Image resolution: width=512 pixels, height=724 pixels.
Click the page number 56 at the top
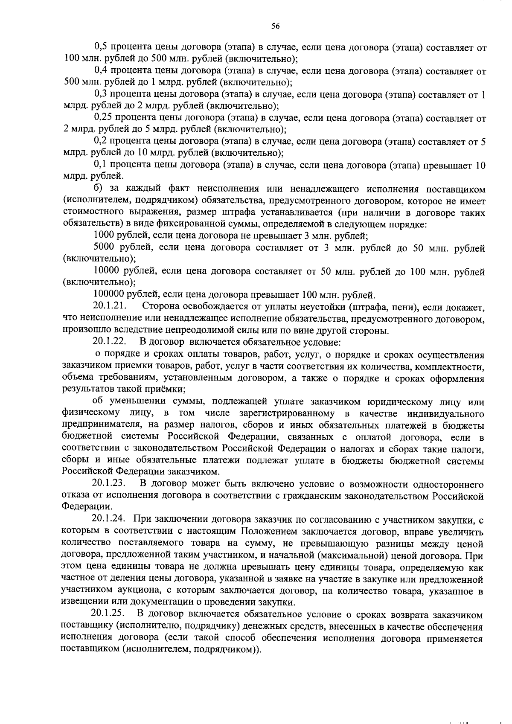click(276, 26)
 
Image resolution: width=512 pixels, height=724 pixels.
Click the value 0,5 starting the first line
click(100, 48)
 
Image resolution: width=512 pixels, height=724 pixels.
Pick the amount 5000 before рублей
click(103, 247)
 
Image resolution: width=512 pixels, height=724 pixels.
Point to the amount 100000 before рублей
click(108, 294)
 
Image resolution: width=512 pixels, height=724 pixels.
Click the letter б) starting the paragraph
click(98, 189)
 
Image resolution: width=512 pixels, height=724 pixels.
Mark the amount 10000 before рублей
click(105, 271)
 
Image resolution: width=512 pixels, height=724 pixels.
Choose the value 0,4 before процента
click(100, 71)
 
